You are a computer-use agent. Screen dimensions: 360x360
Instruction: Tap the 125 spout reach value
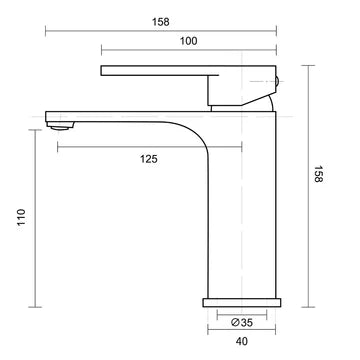(x=149, y=159)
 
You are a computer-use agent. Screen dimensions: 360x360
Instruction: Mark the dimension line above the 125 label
(x=149, y=147)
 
